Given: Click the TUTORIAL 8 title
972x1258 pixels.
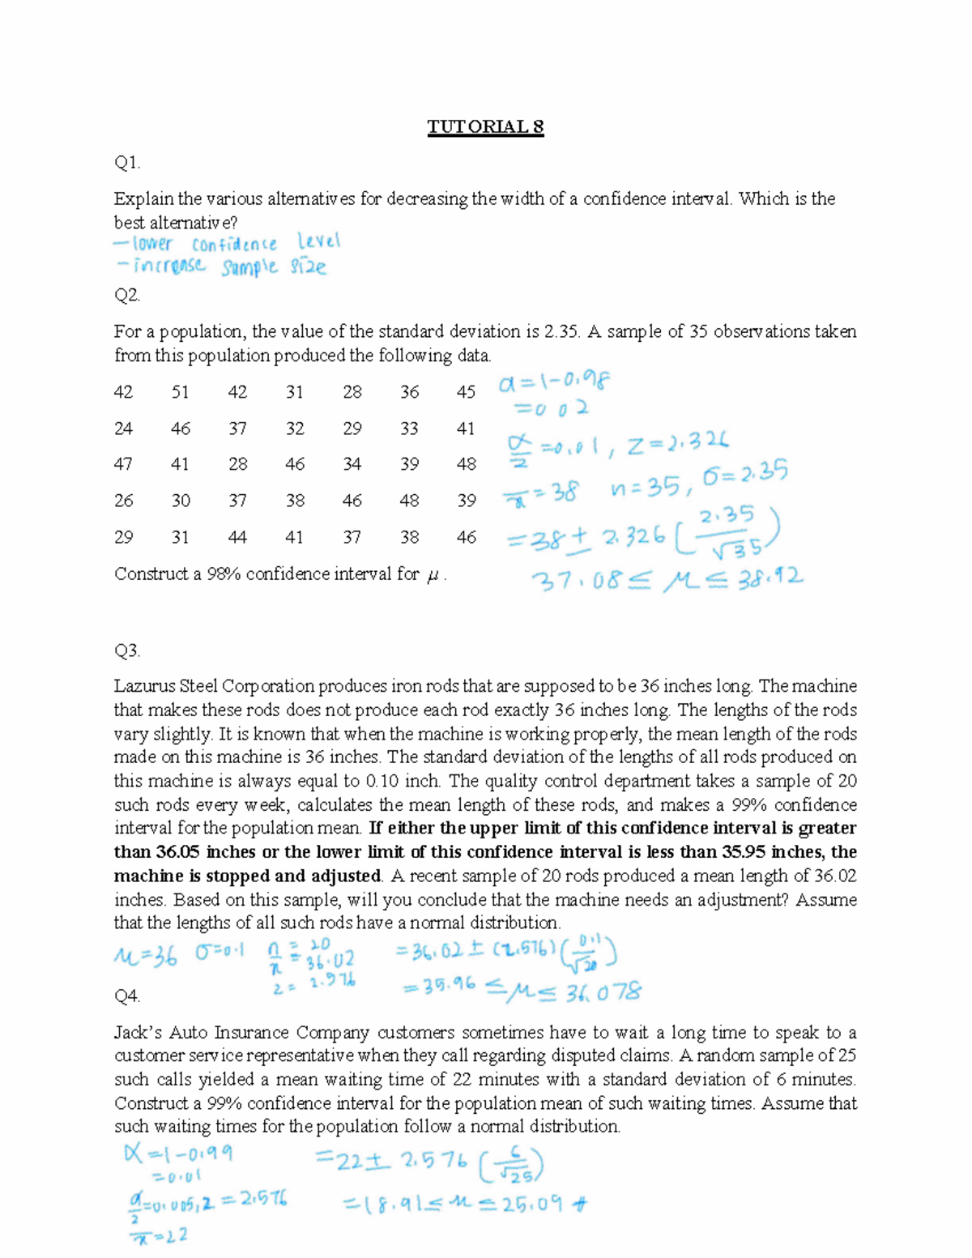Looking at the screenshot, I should tap(485, 127).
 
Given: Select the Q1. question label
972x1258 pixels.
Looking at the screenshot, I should tap(127, 163).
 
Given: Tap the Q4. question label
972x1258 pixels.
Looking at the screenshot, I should tap(127, 996).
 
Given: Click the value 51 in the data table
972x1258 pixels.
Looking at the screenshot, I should tap(180, 392).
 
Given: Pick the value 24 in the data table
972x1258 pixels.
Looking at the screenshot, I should tap(123, 429).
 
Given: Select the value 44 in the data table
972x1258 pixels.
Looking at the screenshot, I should tap(237, 537).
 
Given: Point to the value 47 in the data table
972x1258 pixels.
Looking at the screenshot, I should tap(123, 464).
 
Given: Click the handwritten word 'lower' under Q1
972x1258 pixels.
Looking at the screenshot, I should tap(151, 243).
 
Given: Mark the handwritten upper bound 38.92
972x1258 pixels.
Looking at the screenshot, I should tap(769, 578).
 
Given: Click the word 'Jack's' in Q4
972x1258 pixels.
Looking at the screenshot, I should tap(139, 1033).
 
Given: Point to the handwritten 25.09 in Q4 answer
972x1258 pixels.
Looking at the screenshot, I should tap(534, 1205).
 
